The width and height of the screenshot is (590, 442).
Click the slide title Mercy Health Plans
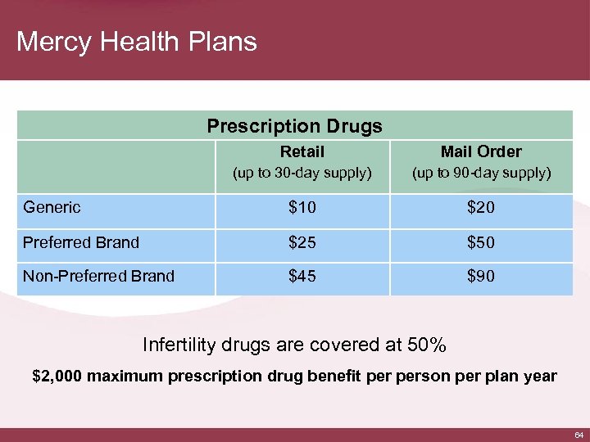coord(136,42)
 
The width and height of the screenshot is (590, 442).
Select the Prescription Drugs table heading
coord(294,126)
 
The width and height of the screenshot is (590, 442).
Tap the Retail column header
coord(302,151)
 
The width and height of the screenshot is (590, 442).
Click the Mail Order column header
coord(481,151)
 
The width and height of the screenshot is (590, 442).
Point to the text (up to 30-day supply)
coord(302,173)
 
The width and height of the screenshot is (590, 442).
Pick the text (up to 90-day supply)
coord(481,173)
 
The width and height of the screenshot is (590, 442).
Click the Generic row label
coord(52,207)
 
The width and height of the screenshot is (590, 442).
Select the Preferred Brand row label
coord(81,242)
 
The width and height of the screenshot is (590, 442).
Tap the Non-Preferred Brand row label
coord(98,276)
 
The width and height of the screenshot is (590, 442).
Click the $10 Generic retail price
coord(302,208)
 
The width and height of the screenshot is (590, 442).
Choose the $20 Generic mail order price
coord(481,208)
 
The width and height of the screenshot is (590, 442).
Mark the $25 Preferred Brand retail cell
coord(302,242)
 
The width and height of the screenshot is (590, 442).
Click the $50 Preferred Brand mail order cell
coord(481,242)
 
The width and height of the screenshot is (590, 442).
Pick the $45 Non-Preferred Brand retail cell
coord(302,277)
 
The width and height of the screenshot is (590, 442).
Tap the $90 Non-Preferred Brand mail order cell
coord(481,277)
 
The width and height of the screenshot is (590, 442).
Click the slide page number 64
coord(579,433)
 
